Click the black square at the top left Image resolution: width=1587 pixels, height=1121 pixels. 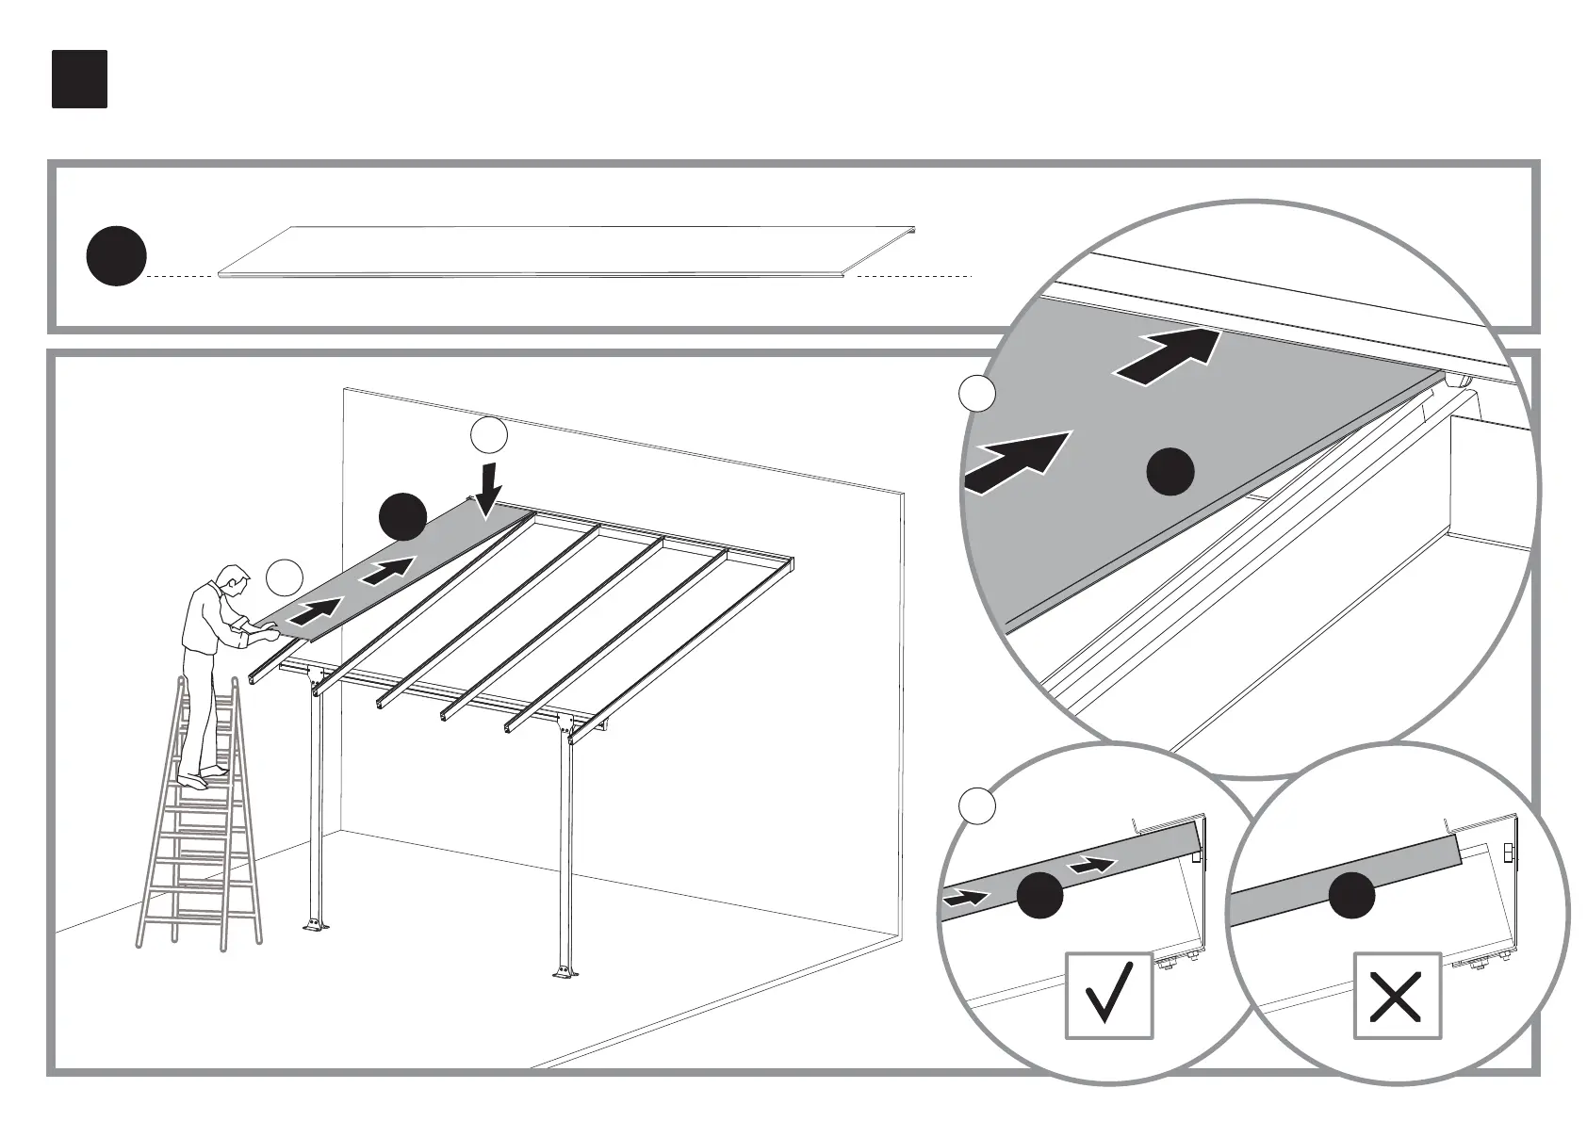point(79,79)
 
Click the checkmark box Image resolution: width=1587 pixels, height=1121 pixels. point(1109,996)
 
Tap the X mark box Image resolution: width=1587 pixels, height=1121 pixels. point(1397,996)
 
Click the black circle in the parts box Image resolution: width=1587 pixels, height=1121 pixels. point(117,255)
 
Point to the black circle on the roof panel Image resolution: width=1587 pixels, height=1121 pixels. point(402,516)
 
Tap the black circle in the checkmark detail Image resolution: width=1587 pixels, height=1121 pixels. point(1040,895)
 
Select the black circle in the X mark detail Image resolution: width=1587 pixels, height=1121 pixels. point(1351,895)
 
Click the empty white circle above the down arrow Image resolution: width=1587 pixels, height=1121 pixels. point(489,436)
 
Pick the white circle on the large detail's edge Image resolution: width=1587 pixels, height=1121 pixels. point(977,394)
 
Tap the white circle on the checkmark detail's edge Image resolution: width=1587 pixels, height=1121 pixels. point(977,804)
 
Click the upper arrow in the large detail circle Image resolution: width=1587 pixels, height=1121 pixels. point(1169,357)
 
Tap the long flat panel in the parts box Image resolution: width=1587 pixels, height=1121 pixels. point(565,252)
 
